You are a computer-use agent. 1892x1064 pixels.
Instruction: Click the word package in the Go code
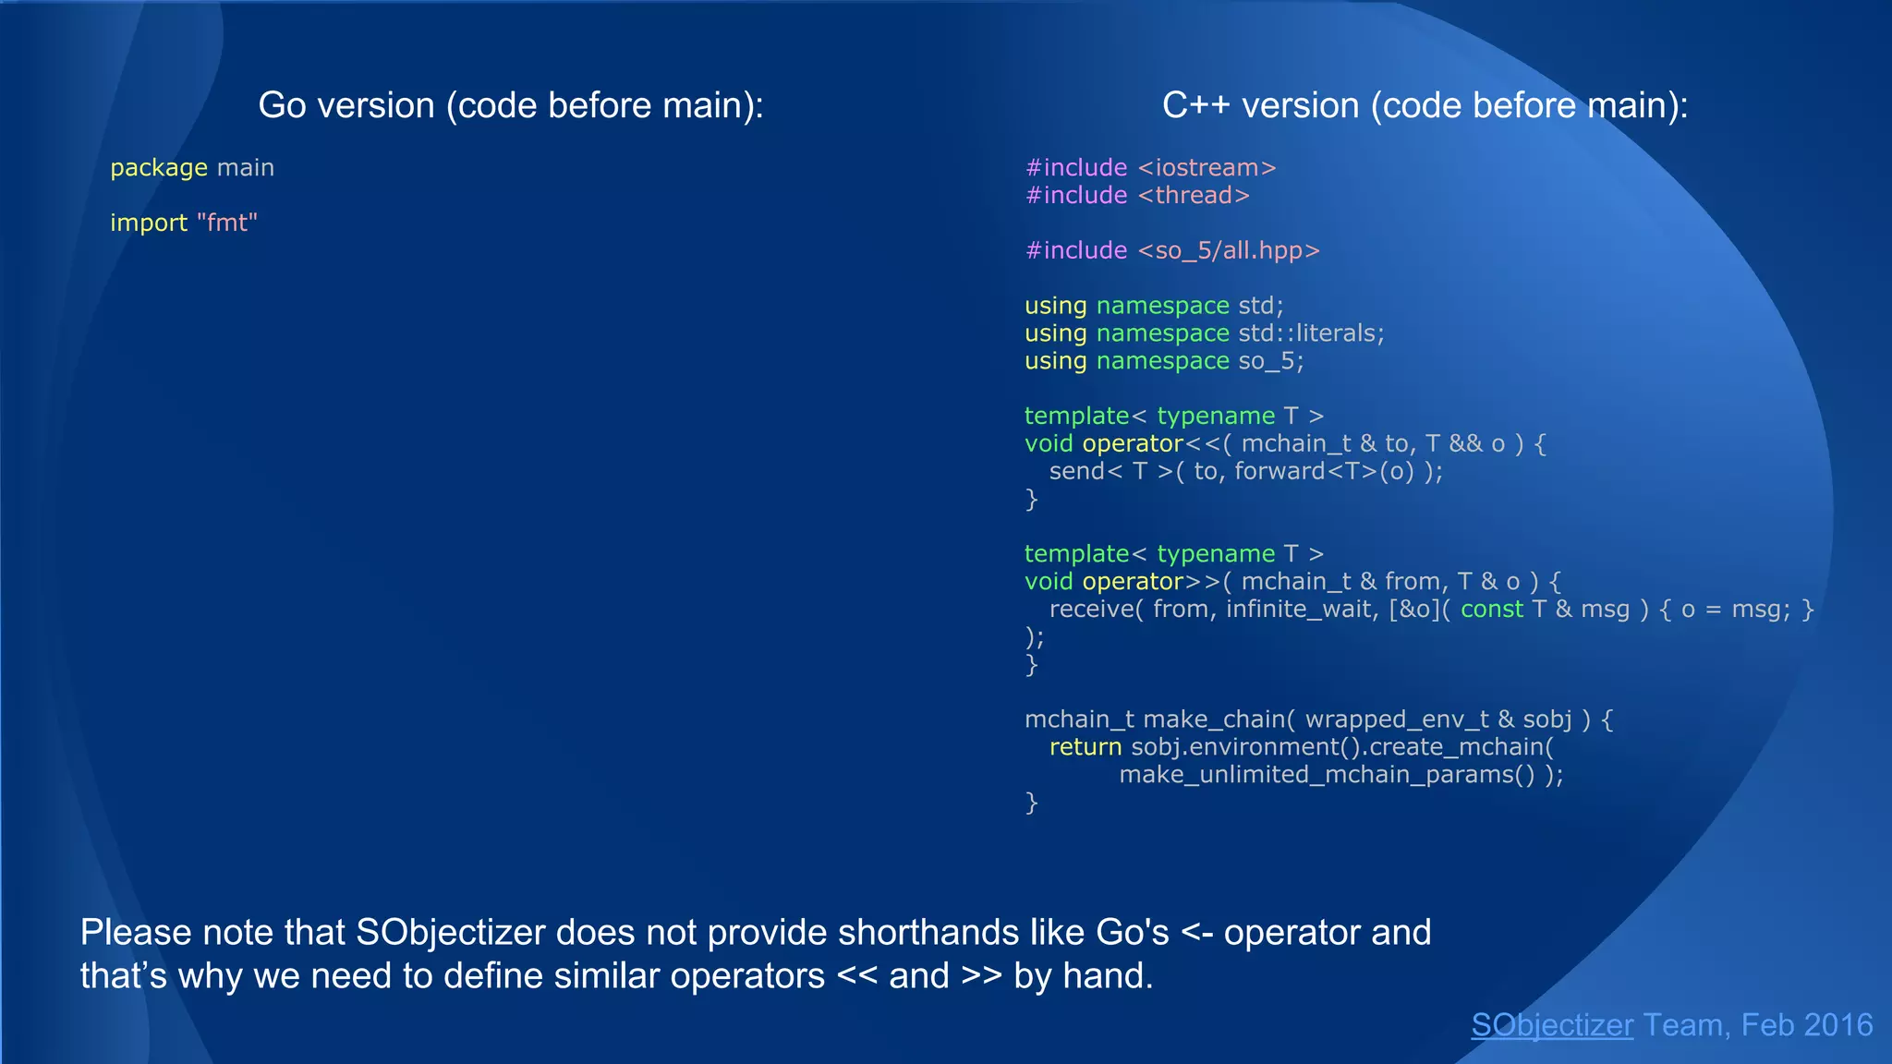pyautogui.click(x=159, y=168)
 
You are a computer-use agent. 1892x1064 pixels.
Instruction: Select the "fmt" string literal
pyautogui.click(x=227, y=224)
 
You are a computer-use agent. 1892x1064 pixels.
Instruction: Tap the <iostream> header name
pyautogui.click(x=1207, y=168)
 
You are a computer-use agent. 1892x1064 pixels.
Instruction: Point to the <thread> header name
pyautogui.click(x=1194, y=196)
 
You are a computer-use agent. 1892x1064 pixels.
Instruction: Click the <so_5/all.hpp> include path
pyautogui.click(x=1229, y=250)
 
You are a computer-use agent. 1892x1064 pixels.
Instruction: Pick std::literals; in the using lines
pyautogui.click(x=1311, y=333)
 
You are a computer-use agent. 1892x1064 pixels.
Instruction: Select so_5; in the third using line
pyautogui.click(x=1270, y=361)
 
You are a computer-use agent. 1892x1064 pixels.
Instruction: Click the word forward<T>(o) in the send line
pyautogui.click(x=1325, y=472)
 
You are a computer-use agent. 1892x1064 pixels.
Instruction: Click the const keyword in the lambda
pyautogui.click(x=1491, y=610)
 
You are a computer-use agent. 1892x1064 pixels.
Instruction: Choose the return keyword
pyautogui.click(x=1085, y=747)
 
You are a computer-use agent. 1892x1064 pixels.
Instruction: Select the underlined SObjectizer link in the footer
pyautogui.click(x=1552, y=1025)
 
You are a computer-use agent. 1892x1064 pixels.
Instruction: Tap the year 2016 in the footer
pyautogui.click(x=1837, y=1025)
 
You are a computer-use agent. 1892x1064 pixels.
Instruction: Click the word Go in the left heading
pyautogui.click(x=282, y=105)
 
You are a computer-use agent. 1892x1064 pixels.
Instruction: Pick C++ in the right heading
pyautogui.click(x=1195, y=105)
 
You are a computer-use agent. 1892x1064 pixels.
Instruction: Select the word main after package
pyautogui.click(x=245, y=168)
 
